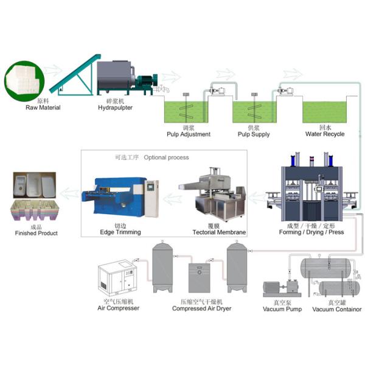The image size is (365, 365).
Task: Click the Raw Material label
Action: tap(43, 107)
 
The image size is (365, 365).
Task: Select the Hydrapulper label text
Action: tap(115, 107)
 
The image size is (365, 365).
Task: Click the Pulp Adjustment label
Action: tap(189, 134)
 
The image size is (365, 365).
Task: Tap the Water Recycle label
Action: tap(325, 134)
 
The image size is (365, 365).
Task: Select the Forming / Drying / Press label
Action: tap(311, 232)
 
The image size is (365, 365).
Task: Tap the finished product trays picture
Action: tap(35, 198)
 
